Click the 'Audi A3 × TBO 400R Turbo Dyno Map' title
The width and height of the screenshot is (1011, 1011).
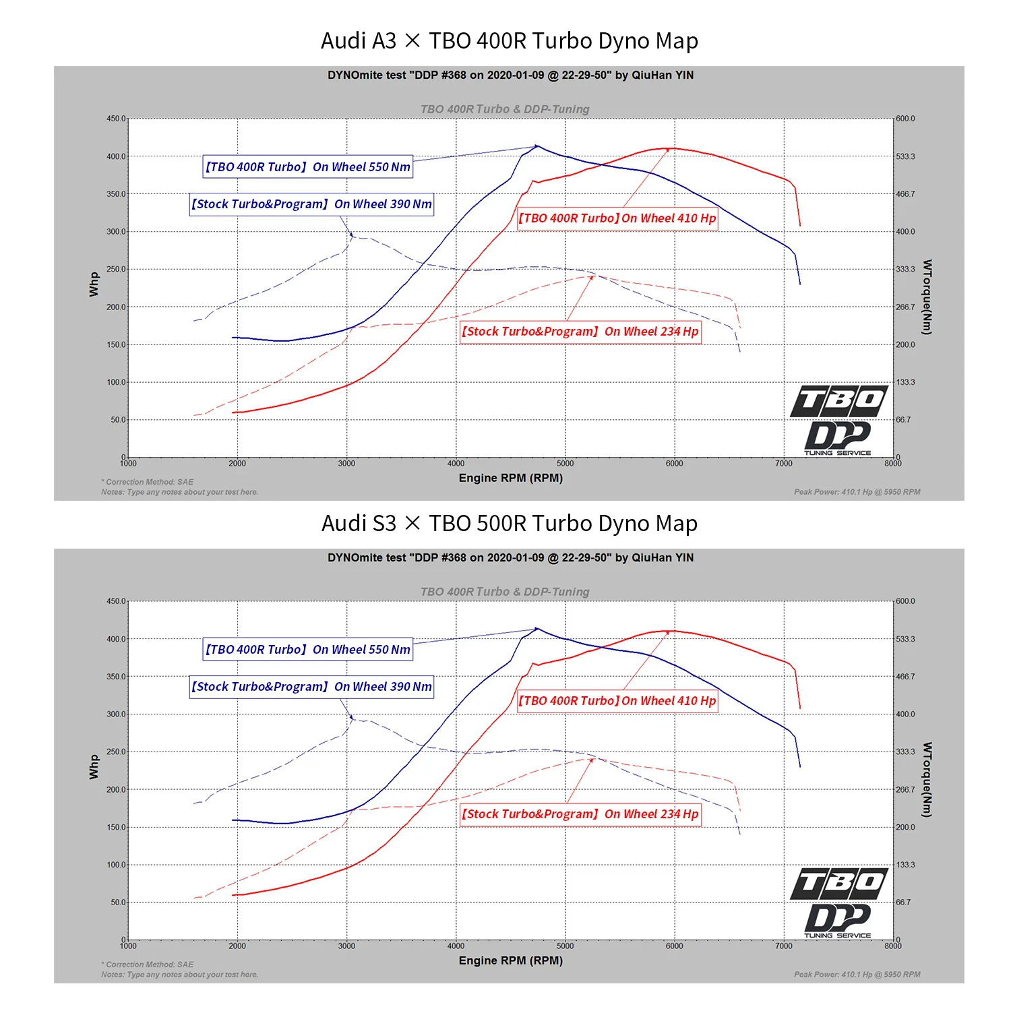(x=509, y=41)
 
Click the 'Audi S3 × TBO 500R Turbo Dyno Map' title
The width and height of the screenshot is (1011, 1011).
(x=509, y=524)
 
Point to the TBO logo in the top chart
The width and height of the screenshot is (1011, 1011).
(x=839, y=402)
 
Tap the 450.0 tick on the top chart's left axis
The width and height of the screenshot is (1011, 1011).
(x=115, y=119)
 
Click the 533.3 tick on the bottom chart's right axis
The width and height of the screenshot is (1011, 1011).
(x=905, y=639)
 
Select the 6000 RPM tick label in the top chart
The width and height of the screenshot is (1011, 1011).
(x=674, y=464)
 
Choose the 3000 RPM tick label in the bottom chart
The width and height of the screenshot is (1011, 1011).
(x=346, y=946)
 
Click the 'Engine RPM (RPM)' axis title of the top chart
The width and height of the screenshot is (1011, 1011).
(x=510, y=478)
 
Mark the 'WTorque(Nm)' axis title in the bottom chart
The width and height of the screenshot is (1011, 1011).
(x=927, y=780)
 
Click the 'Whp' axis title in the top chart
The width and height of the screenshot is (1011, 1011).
(x=94, y=284)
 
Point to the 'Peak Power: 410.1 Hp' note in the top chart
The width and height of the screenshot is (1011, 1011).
(x=857, y=492)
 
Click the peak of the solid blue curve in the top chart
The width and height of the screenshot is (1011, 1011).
(x=537, y=146)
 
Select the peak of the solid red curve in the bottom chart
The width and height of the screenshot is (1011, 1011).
(x=671, y=631)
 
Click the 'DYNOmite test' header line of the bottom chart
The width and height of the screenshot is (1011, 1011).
(x=510, y=558)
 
